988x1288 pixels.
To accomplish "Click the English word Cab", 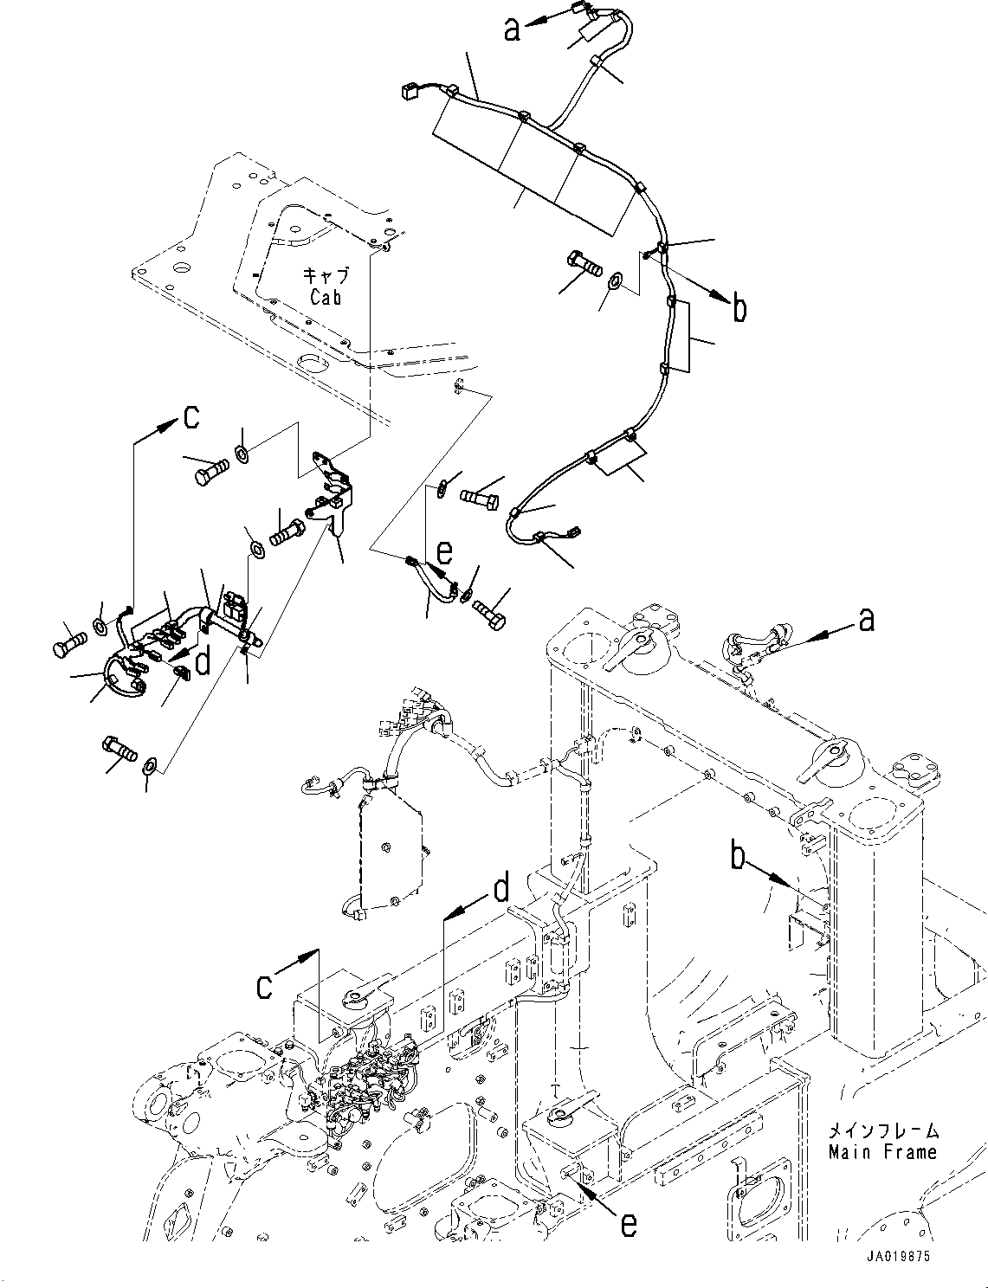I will click(326, 296).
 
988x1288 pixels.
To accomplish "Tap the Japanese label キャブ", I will click(326, 276).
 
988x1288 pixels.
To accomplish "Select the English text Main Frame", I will click(882, 1152).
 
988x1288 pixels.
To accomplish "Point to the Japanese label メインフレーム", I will click(883, 1131).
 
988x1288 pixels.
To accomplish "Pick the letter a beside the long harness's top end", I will click(513, 30).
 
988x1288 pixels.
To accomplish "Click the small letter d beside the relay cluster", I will click(203, 661).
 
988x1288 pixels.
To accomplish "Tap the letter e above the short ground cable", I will click(443, 551).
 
